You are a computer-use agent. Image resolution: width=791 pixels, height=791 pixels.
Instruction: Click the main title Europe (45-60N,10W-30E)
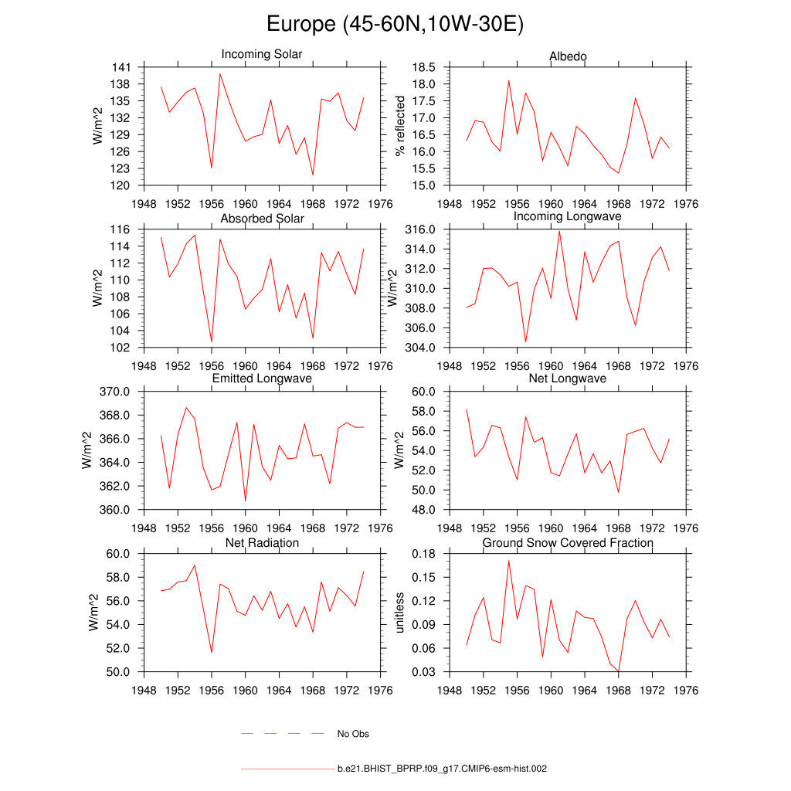click(395, 25)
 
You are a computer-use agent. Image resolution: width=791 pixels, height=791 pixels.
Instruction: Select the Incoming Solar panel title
click(262, 55)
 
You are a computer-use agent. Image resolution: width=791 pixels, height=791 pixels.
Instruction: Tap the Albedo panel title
click(568, 56)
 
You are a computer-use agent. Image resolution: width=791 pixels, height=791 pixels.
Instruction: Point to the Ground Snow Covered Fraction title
click(568, 543)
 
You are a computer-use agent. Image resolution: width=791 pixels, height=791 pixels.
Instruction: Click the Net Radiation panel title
click(262, 543)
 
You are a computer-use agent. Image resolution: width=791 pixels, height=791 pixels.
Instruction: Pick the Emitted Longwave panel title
click(262, 379)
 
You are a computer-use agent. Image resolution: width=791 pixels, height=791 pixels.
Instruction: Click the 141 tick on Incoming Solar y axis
click(123, 67)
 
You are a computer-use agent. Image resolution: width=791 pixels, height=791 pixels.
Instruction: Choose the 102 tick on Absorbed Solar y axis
click(123, 348)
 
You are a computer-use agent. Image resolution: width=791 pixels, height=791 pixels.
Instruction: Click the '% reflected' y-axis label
click(400, 126)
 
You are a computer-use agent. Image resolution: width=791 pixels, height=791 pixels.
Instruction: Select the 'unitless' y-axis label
click(400, 613)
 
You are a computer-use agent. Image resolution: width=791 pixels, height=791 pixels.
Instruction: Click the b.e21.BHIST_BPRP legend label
click(442, 769)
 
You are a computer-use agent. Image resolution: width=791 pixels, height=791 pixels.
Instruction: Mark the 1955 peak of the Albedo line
click(508, 80)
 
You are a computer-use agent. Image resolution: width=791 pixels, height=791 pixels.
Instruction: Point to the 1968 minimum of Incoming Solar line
click(313, 175)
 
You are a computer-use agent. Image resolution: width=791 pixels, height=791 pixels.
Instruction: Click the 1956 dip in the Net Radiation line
click(212, 653)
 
